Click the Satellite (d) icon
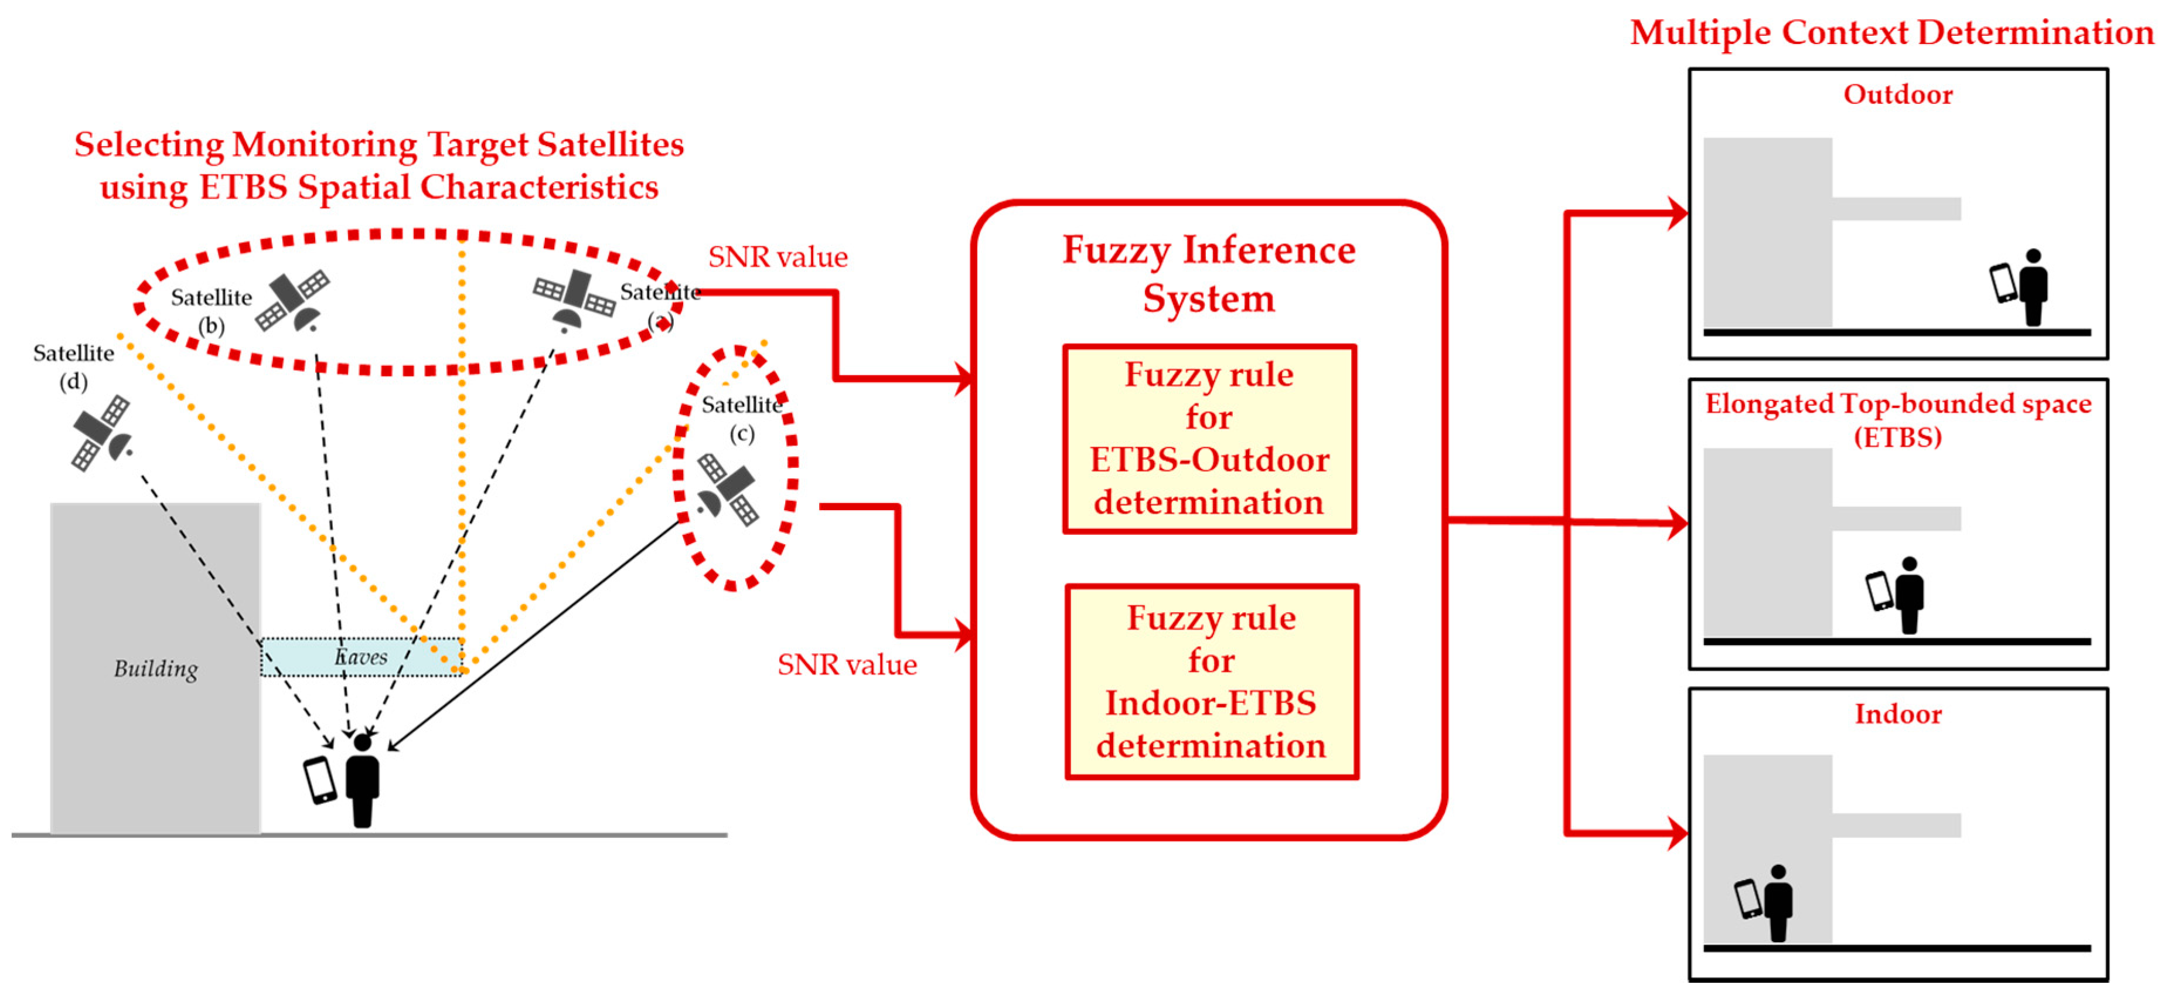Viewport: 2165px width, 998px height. (101, 432)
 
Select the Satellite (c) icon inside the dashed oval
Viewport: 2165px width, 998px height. (728, 490)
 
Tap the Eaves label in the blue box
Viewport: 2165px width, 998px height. (362, 657)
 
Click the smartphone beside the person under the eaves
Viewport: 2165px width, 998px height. (319, 779)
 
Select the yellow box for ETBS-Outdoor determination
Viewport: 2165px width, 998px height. (1209, 439)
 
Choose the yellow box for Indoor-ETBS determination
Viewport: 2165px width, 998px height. (1211, 682)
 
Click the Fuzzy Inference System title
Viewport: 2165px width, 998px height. (1209, 273)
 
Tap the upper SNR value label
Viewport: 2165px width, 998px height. (778, 256)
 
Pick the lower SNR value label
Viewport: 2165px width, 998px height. (846, 664)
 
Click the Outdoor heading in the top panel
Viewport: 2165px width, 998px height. (1898, 94)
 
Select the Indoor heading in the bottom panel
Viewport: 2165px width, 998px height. (1898, 714)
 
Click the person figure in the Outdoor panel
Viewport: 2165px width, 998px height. (2033, 287)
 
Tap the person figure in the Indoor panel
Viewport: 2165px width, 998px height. (1778, 903)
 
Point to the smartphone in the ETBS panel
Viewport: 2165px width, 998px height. (1879, 590)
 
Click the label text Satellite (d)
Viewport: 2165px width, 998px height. (74, 366)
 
